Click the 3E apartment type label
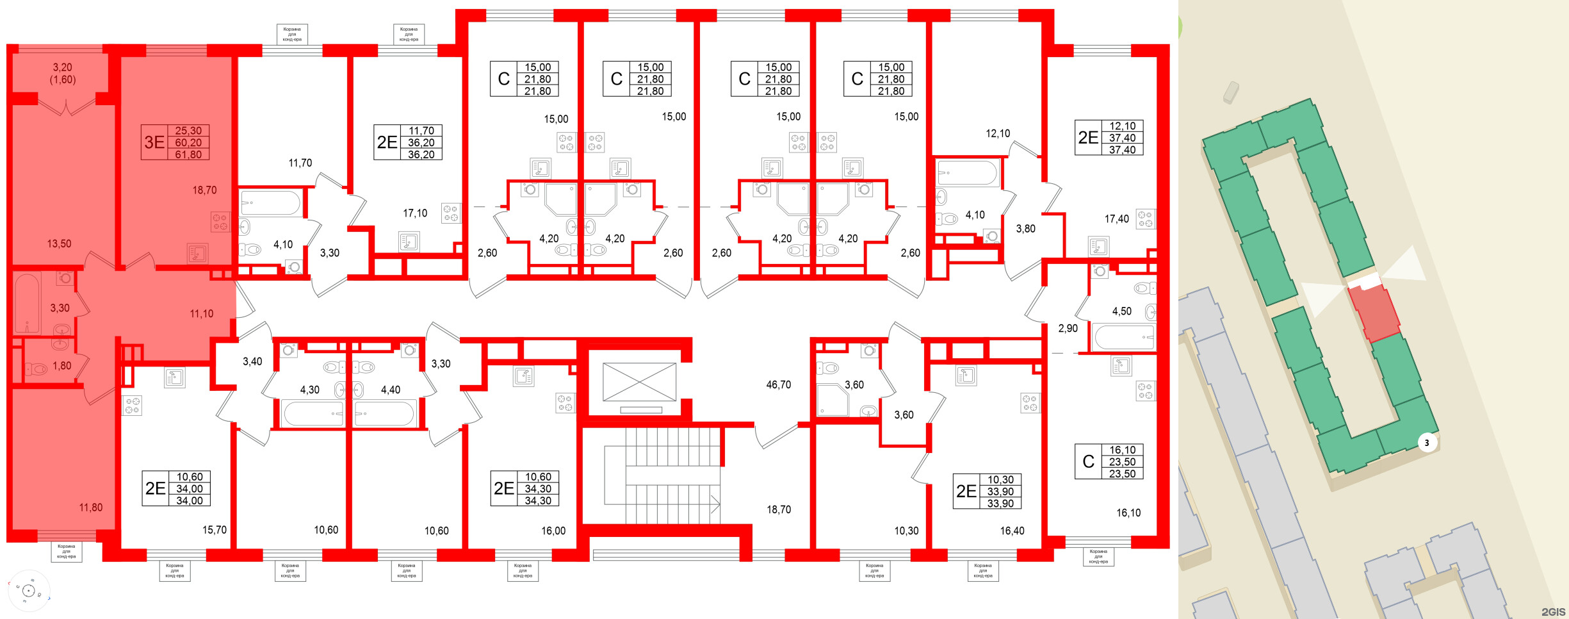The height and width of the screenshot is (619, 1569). click(154, 142)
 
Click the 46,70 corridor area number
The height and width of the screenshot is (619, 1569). click(778, 384)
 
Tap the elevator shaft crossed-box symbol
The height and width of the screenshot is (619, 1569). click(639, 382)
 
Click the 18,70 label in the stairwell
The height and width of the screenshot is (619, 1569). click(779, 509)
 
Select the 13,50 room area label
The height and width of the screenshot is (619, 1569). click(59, 243)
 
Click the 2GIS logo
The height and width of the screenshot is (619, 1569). click(1553, 612)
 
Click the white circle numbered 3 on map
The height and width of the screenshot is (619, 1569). click(1426, 442)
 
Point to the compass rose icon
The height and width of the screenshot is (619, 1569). click(28, 590)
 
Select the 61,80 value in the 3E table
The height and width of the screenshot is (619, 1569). click(188, 154)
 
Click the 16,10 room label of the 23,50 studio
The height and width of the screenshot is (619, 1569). click(1128, 513)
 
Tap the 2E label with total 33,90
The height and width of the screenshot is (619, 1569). click(966, 491)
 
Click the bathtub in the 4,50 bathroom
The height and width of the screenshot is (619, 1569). click(1123, 337)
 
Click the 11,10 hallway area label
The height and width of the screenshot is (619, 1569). click(201, 313)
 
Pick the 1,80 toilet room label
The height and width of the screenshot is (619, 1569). click(61, 366)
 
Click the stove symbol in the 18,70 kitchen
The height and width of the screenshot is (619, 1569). click(220, 222)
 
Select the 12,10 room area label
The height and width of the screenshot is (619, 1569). click(997, 133)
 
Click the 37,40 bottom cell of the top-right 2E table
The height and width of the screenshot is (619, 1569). click(1122, 150)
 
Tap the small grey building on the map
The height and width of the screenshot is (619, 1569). click(1231, 92)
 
